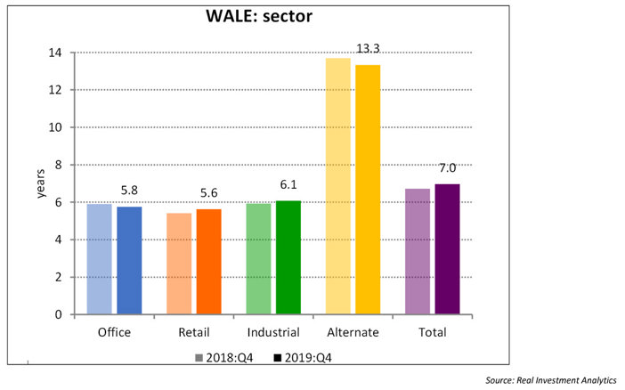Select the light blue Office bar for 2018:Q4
click(x=100, y=259)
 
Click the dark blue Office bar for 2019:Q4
click(x=129, y=260)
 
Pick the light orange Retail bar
click(x=179, y=264)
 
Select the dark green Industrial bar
click(x=288, y=257)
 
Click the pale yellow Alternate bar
click(x=337, y=186)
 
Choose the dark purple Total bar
click(x=447, y=249)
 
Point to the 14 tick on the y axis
click(x=55, y=53)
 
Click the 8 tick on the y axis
click(x=58, y=165)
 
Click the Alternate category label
click(x=353, y=332)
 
